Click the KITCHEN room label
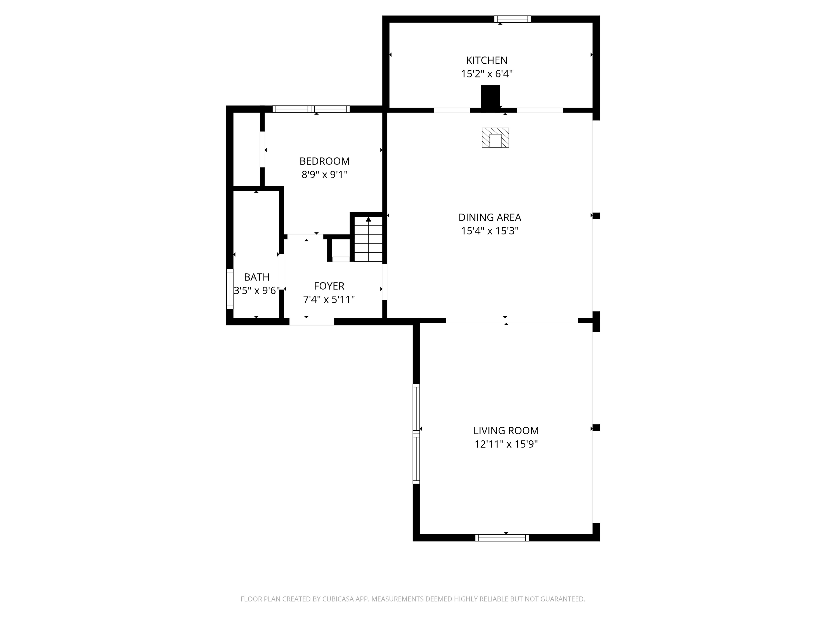[487, 60]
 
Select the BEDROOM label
[325, 161]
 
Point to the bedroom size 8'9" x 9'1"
[325, 174]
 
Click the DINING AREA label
[490, 217]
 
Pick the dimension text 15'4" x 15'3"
[490, 231]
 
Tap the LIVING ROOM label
[506, 430]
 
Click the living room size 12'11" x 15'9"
[506, 444]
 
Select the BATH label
[257, 277]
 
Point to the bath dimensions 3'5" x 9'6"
[257, 290]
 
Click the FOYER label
[329, 286]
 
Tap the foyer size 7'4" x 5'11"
[329, 299]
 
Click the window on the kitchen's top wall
[513, 19]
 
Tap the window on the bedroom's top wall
[311, 109]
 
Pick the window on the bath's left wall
[230, 289]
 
